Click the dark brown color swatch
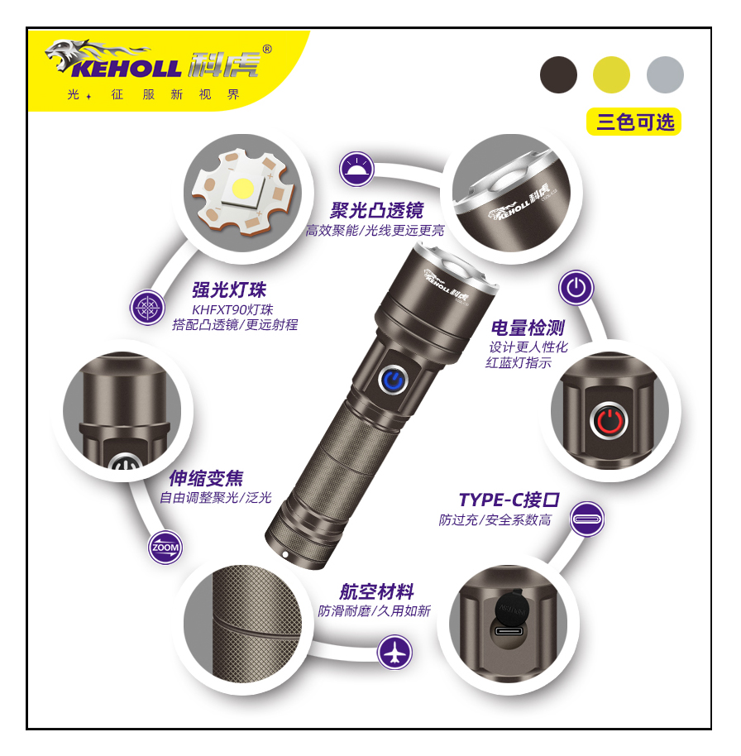tap(558, 74)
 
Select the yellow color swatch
tap(611, 74)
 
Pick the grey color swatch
tap(665, 74)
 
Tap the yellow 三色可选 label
tap(633, 122)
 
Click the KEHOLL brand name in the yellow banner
tap(127, 69)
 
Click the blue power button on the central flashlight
tap(394, 380)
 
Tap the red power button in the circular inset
tap(609, 420)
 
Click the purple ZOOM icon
tap(165, 548)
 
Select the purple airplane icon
tap(394, 653)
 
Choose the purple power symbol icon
tap(576, 289)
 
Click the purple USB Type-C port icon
tap(586, 519)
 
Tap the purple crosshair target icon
tap(147, 308)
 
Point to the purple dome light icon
tap(356, 170)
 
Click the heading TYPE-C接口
tap(509, 500)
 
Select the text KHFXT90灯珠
tap(232, 309)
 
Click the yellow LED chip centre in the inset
tap(242, 188)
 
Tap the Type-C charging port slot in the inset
tap(509, 630)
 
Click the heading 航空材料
tap(376, 591)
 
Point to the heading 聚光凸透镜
tap(376, 210)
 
